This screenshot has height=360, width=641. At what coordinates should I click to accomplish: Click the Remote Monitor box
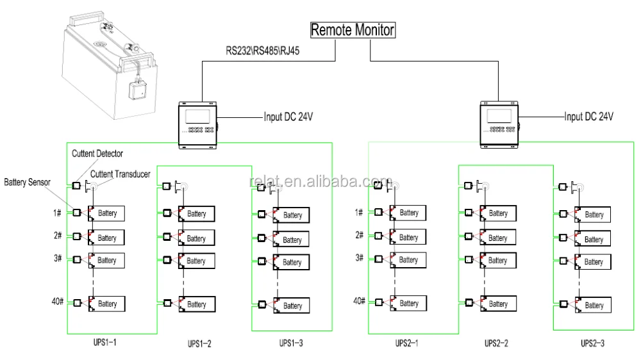352,29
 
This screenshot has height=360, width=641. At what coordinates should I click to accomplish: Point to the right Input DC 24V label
588,117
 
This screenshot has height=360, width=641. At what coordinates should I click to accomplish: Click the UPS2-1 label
409,343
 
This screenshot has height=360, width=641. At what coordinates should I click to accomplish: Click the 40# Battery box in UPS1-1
107,304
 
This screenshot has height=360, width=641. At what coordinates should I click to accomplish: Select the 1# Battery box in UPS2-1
408,213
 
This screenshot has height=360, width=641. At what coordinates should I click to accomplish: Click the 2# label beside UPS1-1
57,236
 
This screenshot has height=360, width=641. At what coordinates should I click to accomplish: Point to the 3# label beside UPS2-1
359,258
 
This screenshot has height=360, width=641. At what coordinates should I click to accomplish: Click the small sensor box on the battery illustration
138,90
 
